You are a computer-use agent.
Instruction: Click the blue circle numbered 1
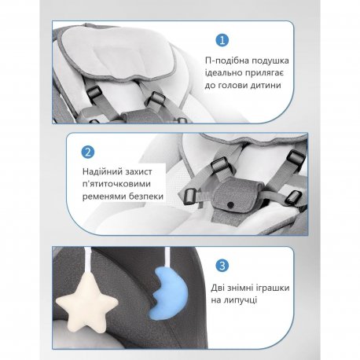point(222,40)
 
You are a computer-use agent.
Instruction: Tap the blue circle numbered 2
point(88,152)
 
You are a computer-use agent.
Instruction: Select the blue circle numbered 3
point(222,266)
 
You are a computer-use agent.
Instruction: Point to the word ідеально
point(223,73)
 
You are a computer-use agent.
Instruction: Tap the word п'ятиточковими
point(116,184)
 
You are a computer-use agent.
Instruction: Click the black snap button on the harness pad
point(230,204)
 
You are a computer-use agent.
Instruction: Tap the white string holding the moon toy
point(167,258)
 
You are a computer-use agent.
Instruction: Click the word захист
point(138,172)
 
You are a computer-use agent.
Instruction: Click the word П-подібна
point(227,61)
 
